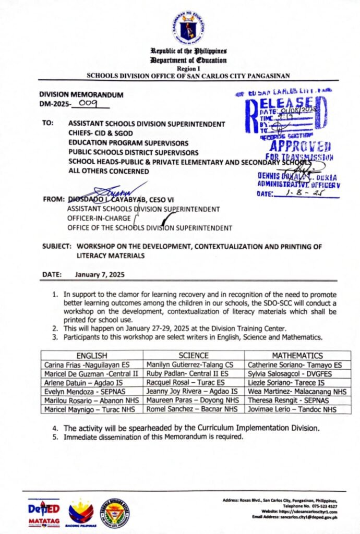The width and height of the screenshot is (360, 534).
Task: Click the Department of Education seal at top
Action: point(188,27)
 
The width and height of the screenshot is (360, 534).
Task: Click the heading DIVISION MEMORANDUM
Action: point(81,95)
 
